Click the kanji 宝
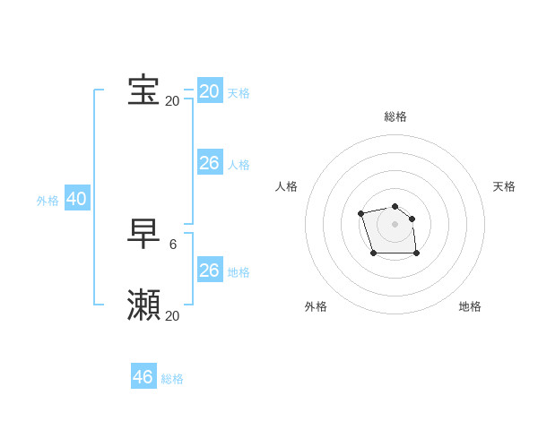click(x=143, y=90)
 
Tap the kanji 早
click(x=143, y=234)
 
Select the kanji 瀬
click(x=143, y=305)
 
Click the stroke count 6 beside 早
click(x=173, y=244)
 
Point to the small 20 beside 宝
click(x=172, y=101)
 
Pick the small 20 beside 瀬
click(x=172, y=316)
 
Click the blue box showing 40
click(x=76, y=199)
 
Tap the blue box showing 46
click(x=143, y=377)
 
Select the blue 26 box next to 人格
click(x=209, y=163)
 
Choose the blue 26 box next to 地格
click(x=209, y=271)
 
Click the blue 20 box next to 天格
click(x=209, y=91)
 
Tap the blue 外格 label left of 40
click(x=48, y=201)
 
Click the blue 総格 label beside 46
click(x=172, y=379)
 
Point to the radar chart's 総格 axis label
click(x=395, y=116)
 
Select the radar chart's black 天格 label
click(x=505, y=186)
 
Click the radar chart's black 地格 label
click(x=470, y=306)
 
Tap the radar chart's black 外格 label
click(x=316, y=306)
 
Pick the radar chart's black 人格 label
click(x=287, y=186)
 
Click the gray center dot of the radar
click(x=395, y=224)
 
